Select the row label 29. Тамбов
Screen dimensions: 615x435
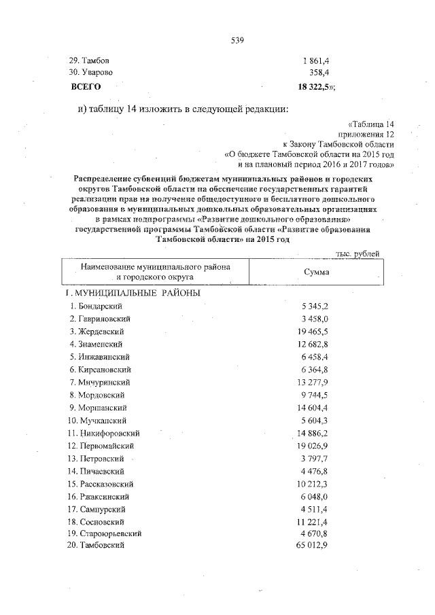[91, 61]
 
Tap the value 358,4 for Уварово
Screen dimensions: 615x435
[317, 72]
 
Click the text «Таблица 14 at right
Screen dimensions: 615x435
[370, 124]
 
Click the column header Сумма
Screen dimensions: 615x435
[316, 272]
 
